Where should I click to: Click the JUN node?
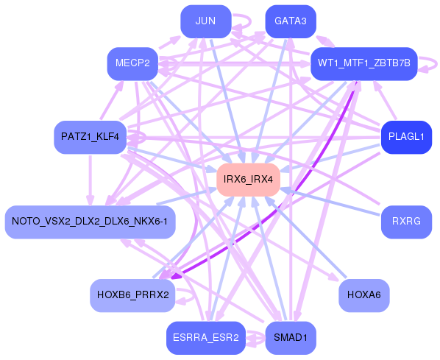click(x=205, y=21)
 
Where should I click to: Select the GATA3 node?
click(x=290, y=21)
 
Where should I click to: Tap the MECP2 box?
click(x=132, y=64)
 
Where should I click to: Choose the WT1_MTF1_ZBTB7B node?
click(x=364, y=64)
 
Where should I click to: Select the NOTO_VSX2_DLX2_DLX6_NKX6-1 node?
click(x=90, y=222)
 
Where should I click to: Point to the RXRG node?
click(x=405, y=222)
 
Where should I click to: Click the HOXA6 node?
click(x=363, y=295)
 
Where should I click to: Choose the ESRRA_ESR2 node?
click(x=205, y=338)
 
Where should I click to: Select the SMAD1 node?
click(x=290, y=338)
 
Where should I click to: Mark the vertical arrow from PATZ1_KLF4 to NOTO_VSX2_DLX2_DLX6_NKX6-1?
click(x=91, y=180)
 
